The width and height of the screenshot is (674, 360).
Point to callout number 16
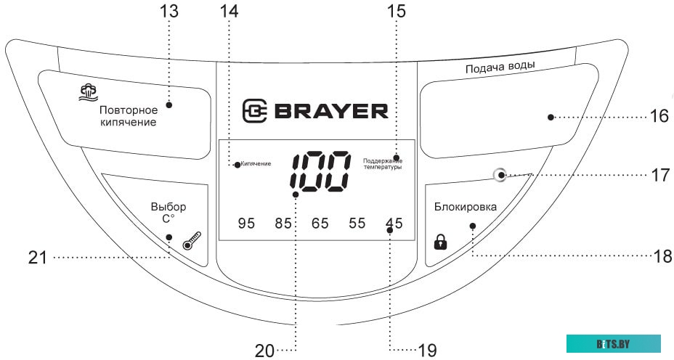coord(658,117)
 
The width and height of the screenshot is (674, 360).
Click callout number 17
coord(658,175)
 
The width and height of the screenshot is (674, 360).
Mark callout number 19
coord(427,350)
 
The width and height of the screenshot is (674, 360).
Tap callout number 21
coord(37,257)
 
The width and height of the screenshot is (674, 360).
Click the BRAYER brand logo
coord(315,111)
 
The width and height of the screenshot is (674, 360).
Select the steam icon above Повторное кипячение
coord(89,91)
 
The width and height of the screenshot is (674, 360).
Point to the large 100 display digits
coord(320,173)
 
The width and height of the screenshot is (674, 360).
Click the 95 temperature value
coord(247,224)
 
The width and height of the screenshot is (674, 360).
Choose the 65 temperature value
coord(320,224)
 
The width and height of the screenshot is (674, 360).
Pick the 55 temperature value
coord(357,224)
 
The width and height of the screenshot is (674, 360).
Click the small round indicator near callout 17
coord(499,175)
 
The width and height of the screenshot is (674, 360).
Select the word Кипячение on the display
coord(256,164)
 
